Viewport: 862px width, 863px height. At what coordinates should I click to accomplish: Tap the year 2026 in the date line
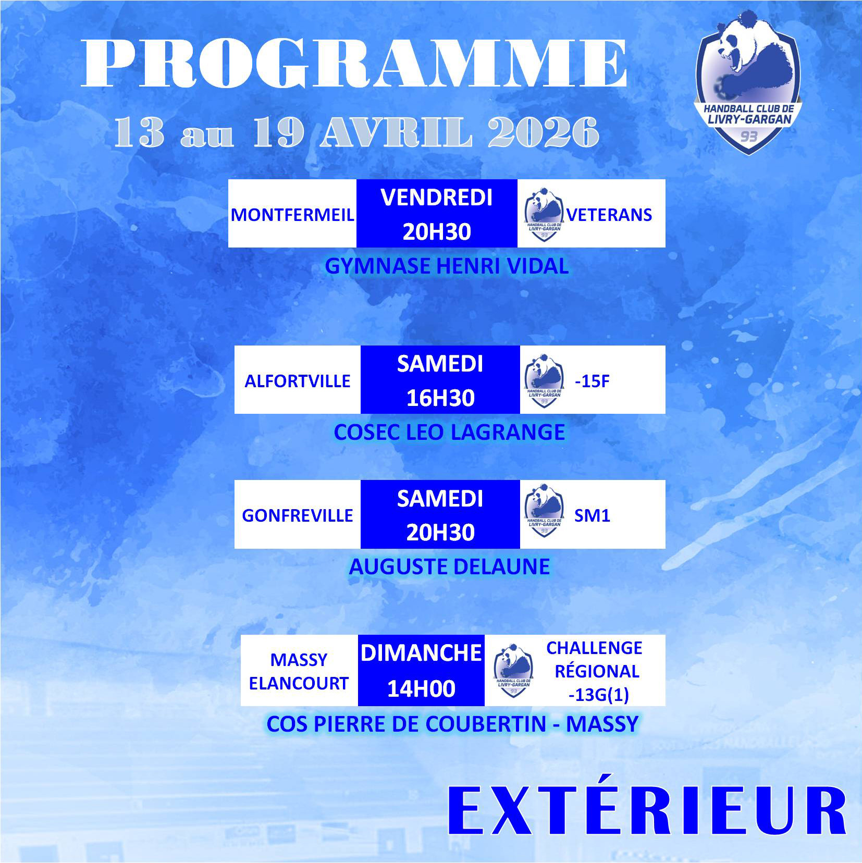click(544, 132)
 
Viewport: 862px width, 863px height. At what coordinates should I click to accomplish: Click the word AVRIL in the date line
click(397, 132)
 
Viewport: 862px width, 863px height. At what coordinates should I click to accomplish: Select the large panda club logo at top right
click(747, 82)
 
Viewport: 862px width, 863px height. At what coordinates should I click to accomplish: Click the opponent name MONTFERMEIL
click(292, 215)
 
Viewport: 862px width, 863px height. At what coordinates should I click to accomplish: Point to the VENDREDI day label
click(437, 198)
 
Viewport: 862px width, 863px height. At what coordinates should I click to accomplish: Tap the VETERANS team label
click(609, 215)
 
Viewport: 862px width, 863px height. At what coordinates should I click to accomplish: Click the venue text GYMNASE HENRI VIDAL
click(447, 266)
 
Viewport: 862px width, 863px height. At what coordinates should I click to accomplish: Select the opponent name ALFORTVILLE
click(298, 381)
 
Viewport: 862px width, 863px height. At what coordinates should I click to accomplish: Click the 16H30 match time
click(440, 398)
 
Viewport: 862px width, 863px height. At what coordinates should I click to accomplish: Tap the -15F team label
click(592, 381)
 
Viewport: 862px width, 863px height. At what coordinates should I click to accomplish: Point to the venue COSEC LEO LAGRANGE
click(449, 432)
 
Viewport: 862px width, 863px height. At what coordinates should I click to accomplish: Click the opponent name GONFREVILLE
click(298, 515)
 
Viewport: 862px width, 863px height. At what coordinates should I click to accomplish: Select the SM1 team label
click(592, 515)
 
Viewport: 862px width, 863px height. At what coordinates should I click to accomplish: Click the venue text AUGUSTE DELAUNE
click(449, 566)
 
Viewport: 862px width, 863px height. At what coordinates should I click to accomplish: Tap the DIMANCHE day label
click(421, 653)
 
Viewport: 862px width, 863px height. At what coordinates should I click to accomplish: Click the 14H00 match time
click(421, 688)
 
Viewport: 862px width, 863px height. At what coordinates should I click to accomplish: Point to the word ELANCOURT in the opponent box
click(299, 683)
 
